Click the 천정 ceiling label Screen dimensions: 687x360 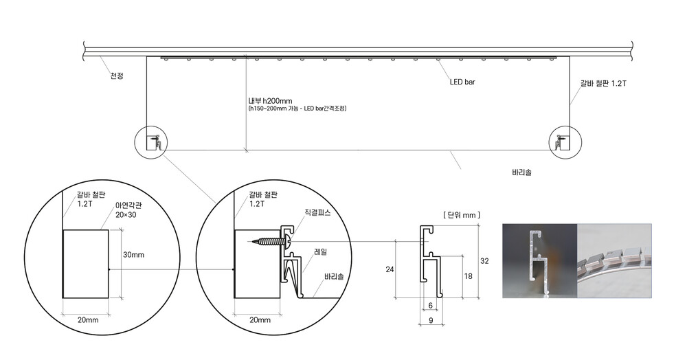tap(117, 76)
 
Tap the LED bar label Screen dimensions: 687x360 tap(462, 82)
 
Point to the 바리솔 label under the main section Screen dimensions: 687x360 tap(522, 172)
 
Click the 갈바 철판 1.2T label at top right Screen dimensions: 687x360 tap(603, 83)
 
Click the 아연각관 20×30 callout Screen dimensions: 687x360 tap(128, 210)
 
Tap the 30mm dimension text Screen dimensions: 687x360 tap(133, 255)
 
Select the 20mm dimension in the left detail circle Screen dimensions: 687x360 tap(88, 320)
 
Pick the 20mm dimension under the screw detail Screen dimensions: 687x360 tap(260, 320)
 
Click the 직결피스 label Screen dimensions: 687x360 tap(317, 212)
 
